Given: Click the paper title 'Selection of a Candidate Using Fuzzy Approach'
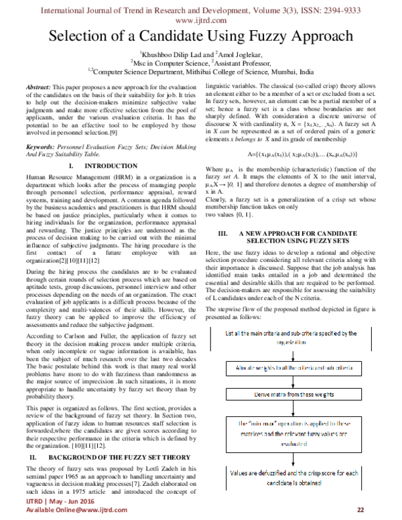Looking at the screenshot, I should pyautogui.click(x=201, y=36).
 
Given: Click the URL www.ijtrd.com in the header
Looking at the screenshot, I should pyautogui.click(x=201, y=20).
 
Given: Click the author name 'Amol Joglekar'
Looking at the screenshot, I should pyautogui.click(x=241, y=54).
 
